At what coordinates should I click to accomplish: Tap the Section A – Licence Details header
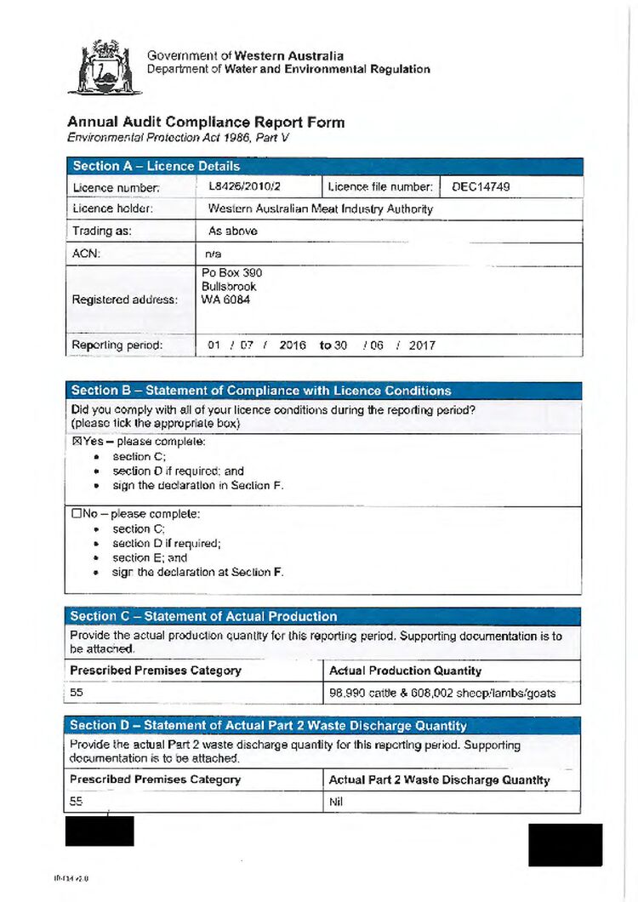[x=156, y=166]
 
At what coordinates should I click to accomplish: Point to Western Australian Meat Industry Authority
[x=320, y=208]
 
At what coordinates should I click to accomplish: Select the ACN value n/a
[x=214, y=253]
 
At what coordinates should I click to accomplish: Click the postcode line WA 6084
[x=225, y=300]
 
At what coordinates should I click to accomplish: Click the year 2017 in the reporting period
[x=422, y=346]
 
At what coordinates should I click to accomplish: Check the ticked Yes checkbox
[x=77, y=442]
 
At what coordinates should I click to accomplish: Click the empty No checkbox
[x=77, y=514]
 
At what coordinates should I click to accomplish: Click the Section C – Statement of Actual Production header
[x=203, y=616]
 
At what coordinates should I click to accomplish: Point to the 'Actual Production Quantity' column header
[x=405, y=671]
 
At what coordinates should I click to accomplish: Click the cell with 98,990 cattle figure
[x=442, y=693]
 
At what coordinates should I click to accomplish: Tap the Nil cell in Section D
[x=336, y=802]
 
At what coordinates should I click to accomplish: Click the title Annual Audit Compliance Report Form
[x=206, y=122]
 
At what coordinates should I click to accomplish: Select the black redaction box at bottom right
[x=565, y=844]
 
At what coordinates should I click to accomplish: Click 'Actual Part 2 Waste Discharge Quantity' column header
[x=439, y=779]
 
